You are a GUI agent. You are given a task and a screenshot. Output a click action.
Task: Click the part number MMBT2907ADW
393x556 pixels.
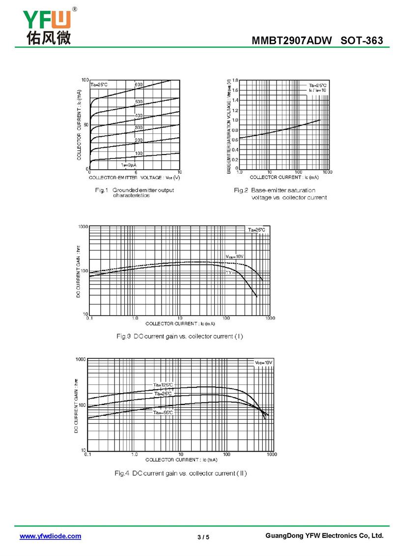[x=292, y=41]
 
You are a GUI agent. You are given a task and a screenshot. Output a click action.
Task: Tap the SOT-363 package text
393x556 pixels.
[x=362, y=41]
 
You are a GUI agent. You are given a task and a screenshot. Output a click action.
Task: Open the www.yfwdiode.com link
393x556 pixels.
[x=50, y=536]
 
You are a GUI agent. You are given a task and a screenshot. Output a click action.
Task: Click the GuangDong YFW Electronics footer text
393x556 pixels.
[x=324, y=535]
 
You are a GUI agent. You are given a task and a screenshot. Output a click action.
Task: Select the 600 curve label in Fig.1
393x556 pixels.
[x=139, y=85]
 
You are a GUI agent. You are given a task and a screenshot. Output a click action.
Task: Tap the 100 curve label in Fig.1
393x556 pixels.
[x=139, y=153]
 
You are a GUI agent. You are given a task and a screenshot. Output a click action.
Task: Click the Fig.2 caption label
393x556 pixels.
[x=240, y=190]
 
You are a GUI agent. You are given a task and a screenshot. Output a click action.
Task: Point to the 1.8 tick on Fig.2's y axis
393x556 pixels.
[x=235, y=80]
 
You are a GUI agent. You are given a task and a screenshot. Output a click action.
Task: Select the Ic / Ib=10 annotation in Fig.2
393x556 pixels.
[x=317, y=91]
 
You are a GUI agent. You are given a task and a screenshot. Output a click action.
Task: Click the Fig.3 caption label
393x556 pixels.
[x=123, y=337]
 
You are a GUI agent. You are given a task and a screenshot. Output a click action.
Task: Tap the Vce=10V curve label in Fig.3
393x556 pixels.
[x=234, y=257]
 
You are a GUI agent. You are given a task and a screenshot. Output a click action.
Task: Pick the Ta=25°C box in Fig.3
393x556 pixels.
[x=256, y=230]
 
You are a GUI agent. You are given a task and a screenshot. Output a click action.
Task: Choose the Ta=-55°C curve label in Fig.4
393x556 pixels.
[x=163, y=412]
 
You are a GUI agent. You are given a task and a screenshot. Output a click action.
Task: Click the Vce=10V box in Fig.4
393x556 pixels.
[x=263, y=363]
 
